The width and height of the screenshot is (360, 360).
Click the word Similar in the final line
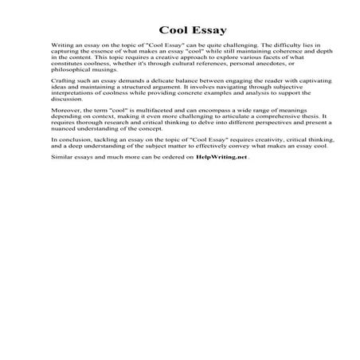point(61,181)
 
